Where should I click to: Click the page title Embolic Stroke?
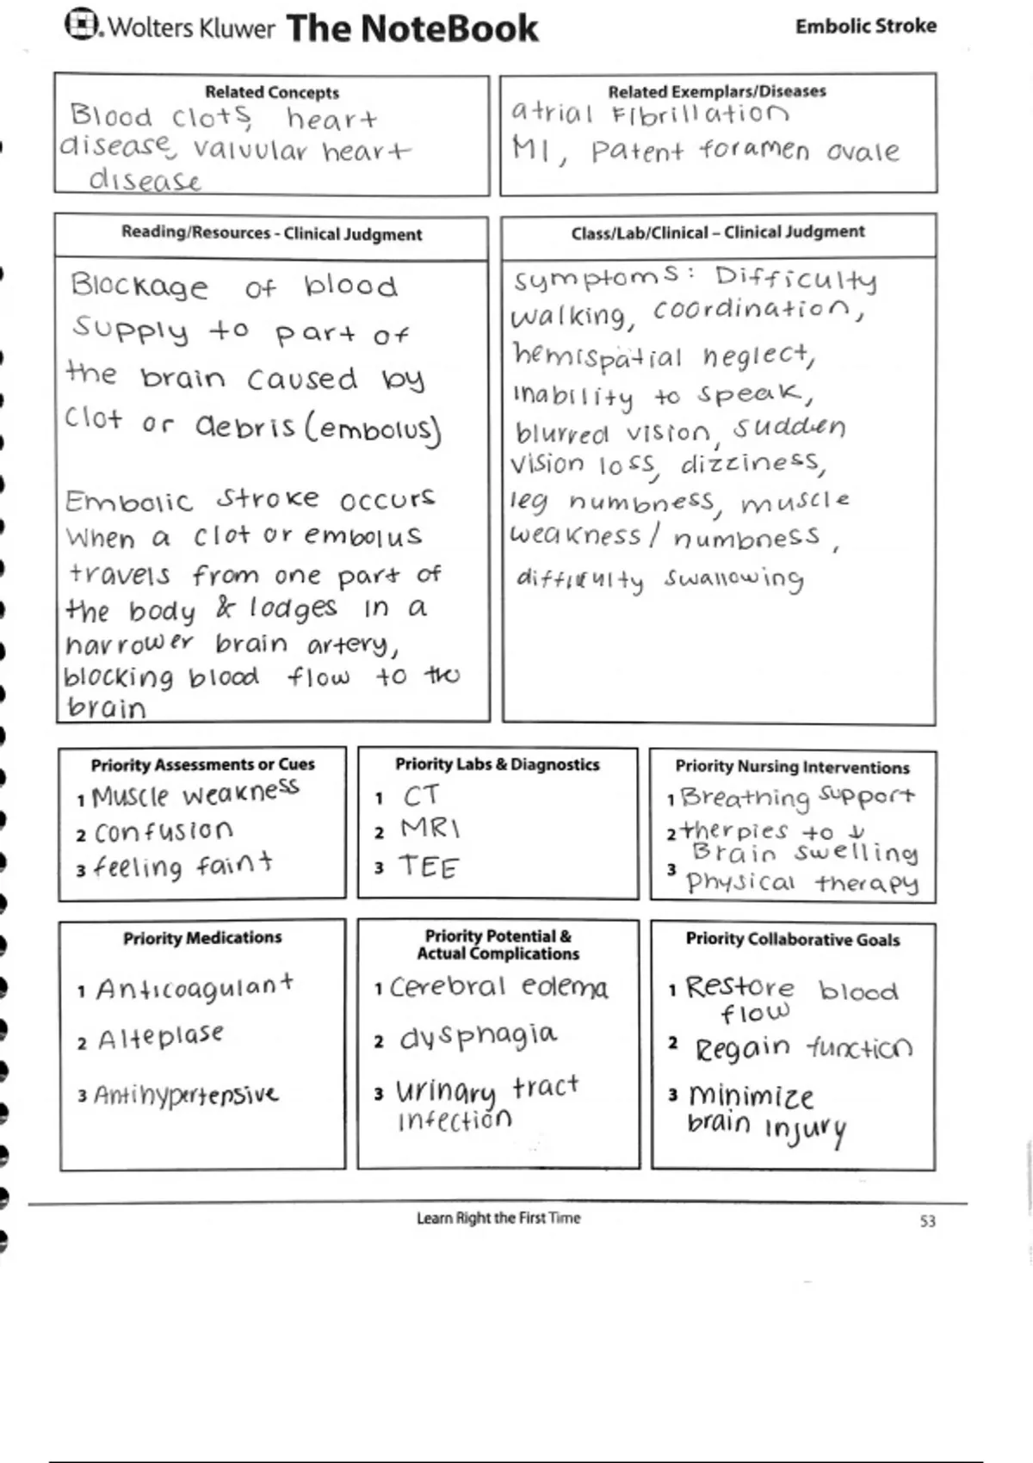tap(865, 26)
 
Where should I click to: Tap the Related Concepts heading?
tap(272, 92)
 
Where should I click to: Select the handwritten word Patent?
tap(637, 152)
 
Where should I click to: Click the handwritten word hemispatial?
tap(597, 355)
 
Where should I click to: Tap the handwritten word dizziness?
tap(752, 464)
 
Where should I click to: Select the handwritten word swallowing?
tap(733, 578)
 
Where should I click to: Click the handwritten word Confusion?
tap(164, 831)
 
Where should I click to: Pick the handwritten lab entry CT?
tap(421, 796)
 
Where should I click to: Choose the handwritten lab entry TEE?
tap(429, 867)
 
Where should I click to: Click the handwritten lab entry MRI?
tap(430, 829)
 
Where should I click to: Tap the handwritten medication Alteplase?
tap(160, 1038)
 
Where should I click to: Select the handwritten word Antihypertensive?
tap(186, 1095)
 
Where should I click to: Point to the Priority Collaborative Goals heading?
tap(793, 939)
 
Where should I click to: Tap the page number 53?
tap(927, 1221)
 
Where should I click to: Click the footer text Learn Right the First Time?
tap(498, 1218)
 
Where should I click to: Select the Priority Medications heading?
tap(202, 937)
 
